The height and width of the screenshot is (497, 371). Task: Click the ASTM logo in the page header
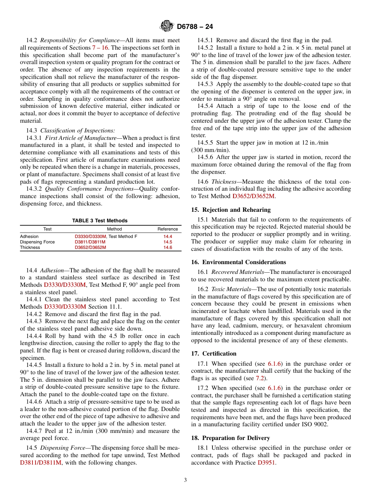(x=167, y=26)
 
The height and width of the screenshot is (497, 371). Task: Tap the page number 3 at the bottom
(x=185, y=480)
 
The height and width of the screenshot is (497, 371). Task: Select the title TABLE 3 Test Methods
(x=100, y=221)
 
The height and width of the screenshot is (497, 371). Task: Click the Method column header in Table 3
(x=114, y=229)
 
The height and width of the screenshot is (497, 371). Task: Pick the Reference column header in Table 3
(x=168, y=229)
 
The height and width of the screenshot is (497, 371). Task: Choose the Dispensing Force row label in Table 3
(x=37, y=242)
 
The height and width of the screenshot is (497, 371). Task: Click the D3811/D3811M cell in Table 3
(x=90, y=242)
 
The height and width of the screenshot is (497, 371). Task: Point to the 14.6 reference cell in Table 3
(x=168, y=247)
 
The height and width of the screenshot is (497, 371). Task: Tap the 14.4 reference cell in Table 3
(x=168, y=236)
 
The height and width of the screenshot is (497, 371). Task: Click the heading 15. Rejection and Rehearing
(x=231, y=210)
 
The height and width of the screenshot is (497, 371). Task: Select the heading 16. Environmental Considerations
(x=238, y=262)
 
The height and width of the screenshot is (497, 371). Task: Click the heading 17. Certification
(x=214, y=354)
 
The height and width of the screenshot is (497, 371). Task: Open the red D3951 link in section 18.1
(x=266, y=463)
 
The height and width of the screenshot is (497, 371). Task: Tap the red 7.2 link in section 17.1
(x=260, y=378)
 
